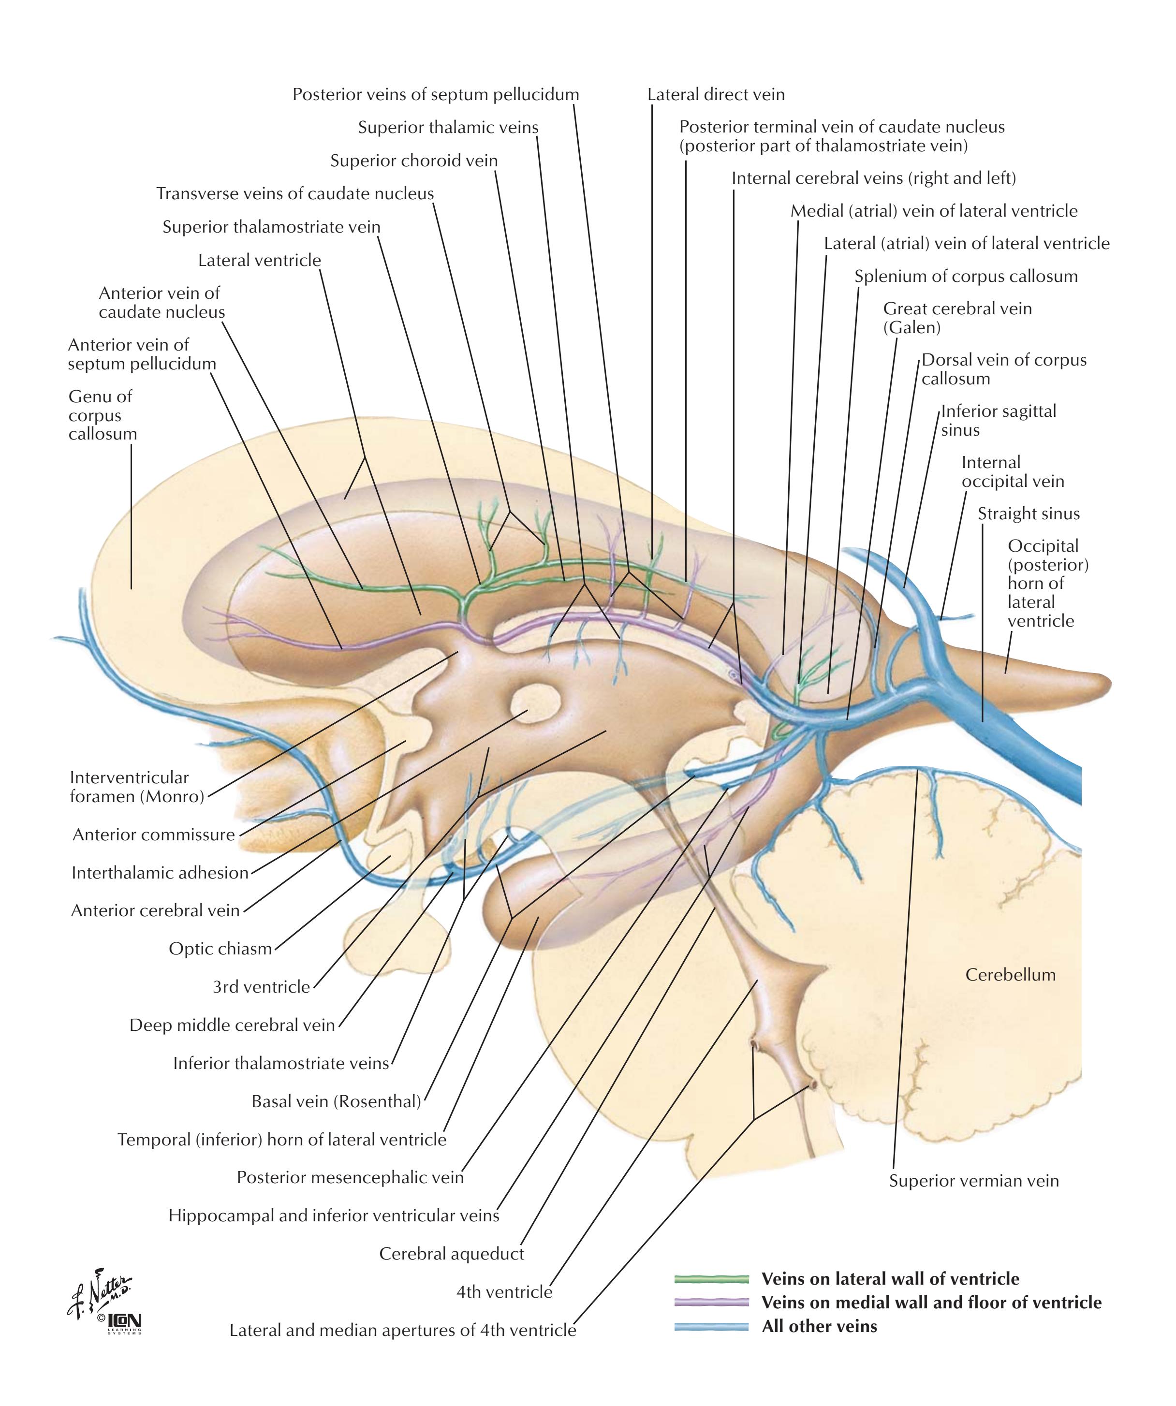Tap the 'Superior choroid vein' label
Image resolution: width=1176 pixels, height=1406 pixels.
[414, 161]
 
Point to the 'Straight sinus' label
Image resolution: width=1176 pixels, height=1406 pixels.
[1028, 513]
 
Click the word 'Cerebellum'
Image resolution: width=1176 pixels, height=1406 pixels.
[1010, 974]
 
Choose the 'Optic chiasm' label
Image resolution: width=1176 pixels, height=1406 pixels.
[220, 948]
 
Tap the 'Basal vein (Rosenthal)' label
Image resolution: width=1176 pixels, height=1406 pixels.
[336, 1101]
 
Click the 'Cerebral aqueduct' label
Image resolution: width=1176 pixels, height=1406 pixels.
[451, 1253]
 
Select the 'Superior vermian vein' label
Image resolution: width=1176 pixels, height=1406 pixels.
[974, 1180]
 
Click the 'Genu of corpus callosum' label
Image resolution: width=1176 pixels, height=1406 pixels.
[103, 415]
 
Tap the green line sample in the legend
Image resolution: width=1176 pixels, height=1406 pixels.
[711, 1279]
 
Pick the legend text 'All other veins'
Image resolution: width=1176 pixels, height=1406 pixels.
[819, 1326]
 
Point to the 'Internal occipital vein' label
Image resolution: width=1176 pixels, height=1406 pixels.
[1012, 471]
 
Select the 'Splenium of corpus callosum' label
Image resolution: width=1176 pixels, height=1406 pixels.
[966, 276]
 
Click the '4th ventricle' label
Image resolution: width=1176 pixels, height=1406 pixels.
[504, 1291]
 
